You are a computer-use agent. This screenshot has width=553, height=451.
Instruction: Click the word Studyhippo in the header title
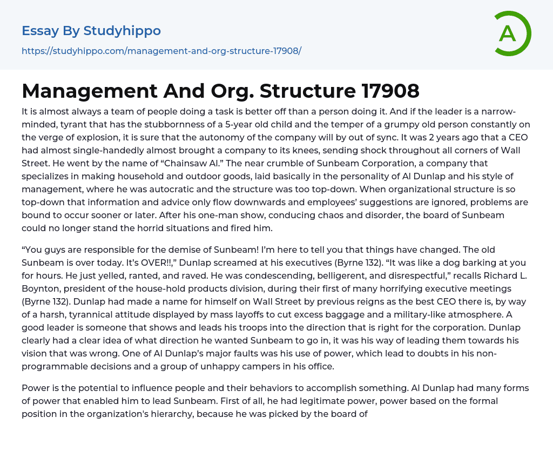122,31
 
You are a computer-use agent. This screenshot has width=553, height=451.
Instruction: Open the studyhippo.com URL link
161,51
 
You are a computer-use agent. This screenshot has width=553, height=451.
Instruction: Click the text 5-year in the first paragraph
222,124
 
